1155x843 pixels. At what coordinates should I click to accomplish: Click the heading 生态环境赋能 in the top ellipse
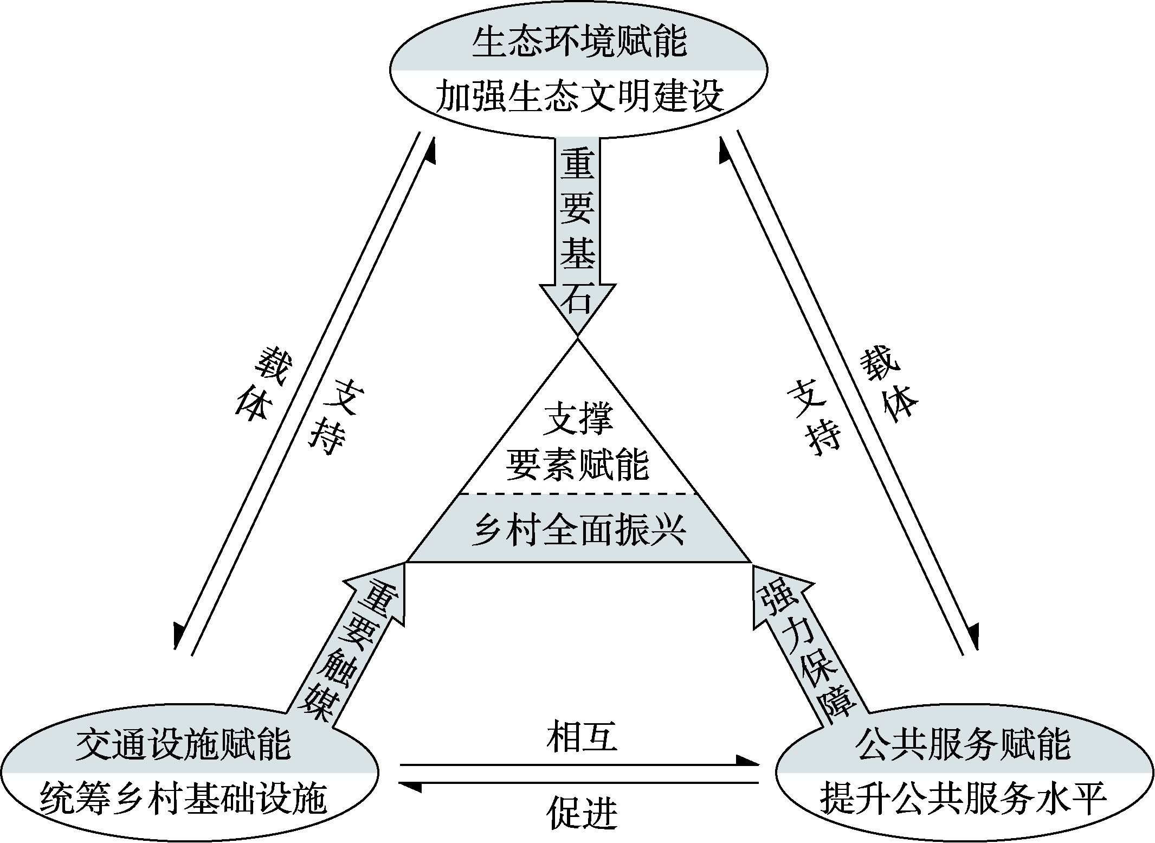tap(578, 42)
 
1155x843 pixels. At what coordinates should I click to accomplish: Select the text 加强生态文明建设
tap(578, 96)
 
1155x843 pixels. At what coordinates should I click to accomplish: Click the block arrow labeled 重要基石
tap(577, 228)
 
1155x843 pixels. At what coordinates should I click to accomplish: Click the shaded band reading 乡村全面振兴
tap(578, 529)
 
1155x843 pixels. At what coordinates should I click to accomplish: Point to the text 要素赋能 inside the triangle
tap(577, 465)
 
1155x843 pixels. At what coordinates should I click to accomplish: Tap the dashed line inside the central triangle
tap(577, 493)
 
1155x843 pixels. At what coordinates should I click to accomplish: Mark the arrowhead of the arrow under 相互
tap(748, 761)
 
